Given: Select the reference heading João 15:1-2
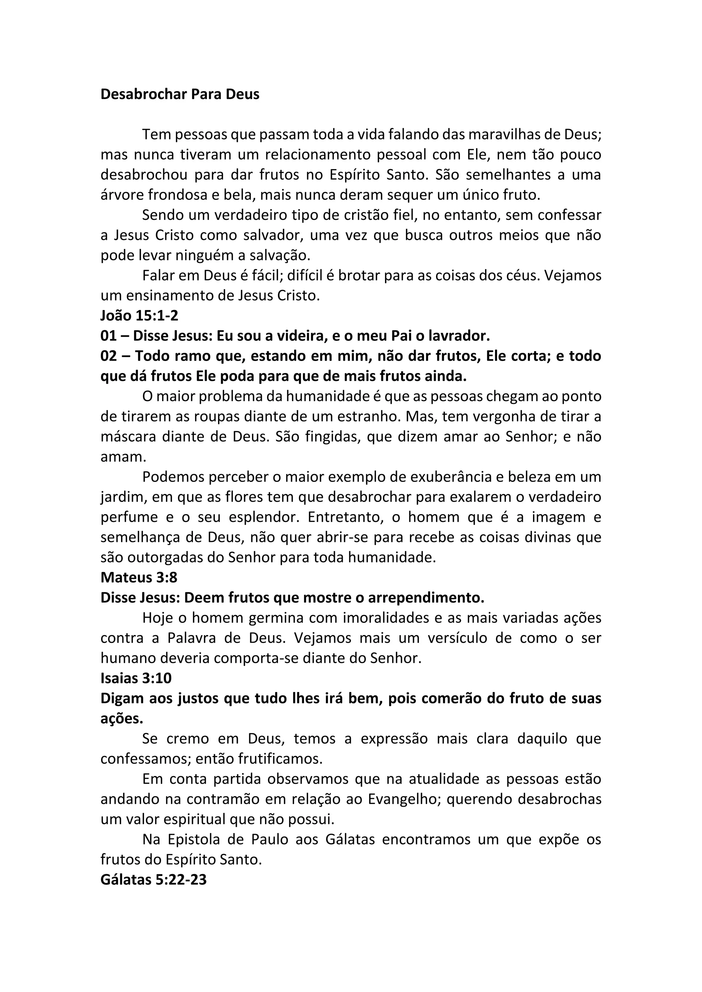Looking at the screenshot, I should coord(139,316).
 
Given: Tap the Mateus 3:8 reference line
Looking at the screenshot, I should coord(139,578).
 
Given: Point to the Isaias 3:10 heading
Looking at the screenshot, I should coord(136,678).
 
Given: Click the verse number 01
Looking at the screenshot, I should coord(109,336).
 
